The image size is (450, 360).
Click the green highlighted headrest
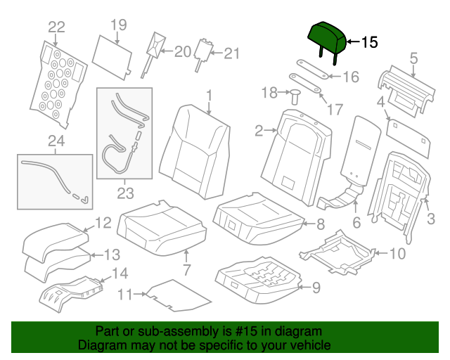coord(327,35)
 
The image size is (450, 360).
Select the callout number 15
coord(369,42)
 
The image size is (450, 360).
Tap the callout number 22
coord(56,27)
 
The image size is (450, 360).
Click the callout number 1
coord(208,95)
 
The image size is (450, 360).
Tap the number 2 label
coord(258,130)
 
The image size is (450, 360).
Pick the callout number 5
coord(413,58)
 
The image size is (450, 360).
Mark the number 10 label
coord(397,253)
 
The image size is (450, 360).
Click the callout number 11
coord(124,295)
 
